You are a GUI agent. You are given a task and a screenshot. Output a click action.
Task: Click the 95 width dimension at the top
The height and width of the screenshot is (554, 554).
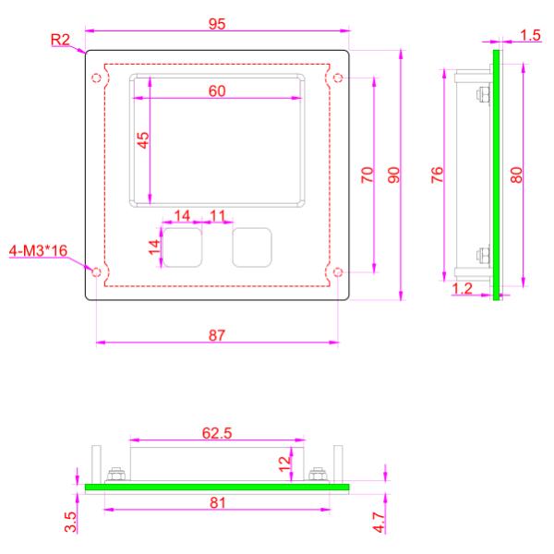tap(217, 25)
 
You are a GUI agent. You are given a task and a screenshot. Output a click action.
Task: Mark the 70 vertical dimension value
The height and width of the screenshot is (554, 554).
tap(367, 175)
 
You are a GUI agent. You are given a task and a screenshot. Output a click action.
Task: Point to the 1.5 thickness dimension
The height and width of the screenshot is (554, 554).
tap(531, 35)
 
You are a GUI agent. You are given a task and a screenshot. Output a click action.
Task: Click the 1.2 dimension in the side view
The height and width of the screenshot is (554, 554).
tap(463, 289)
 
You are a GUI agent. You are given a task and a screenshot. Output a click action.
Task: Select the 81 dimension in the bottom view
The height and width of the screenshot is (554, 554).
tap(216, 503)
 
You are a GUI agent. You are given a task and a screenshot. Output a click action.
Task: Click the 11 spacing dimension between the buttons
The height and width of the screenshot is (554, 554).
tap(218, 215)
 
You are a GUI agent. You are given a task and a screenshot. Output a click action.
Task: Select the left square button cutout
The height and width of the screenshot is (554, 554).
tap(183, 247)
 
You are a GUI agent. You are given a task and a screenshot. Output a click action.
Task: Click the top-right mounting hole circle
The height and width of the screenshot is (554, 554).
tap(337, 77)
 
